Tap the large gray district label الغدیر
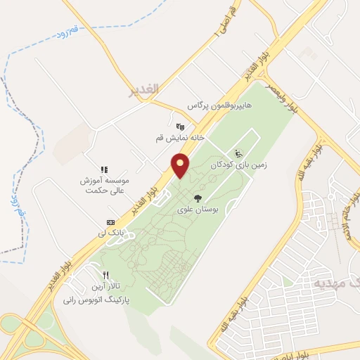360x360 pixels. click(x=145, y=90)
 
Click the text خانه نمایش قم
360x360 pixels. click(x=174, y=138)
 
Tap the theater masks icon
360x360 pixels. click(x=181, y=127)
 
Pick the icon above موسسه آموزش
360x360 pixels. click(x=103, y=169)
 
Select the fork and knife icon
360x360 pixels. click(x=106, y=276)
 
